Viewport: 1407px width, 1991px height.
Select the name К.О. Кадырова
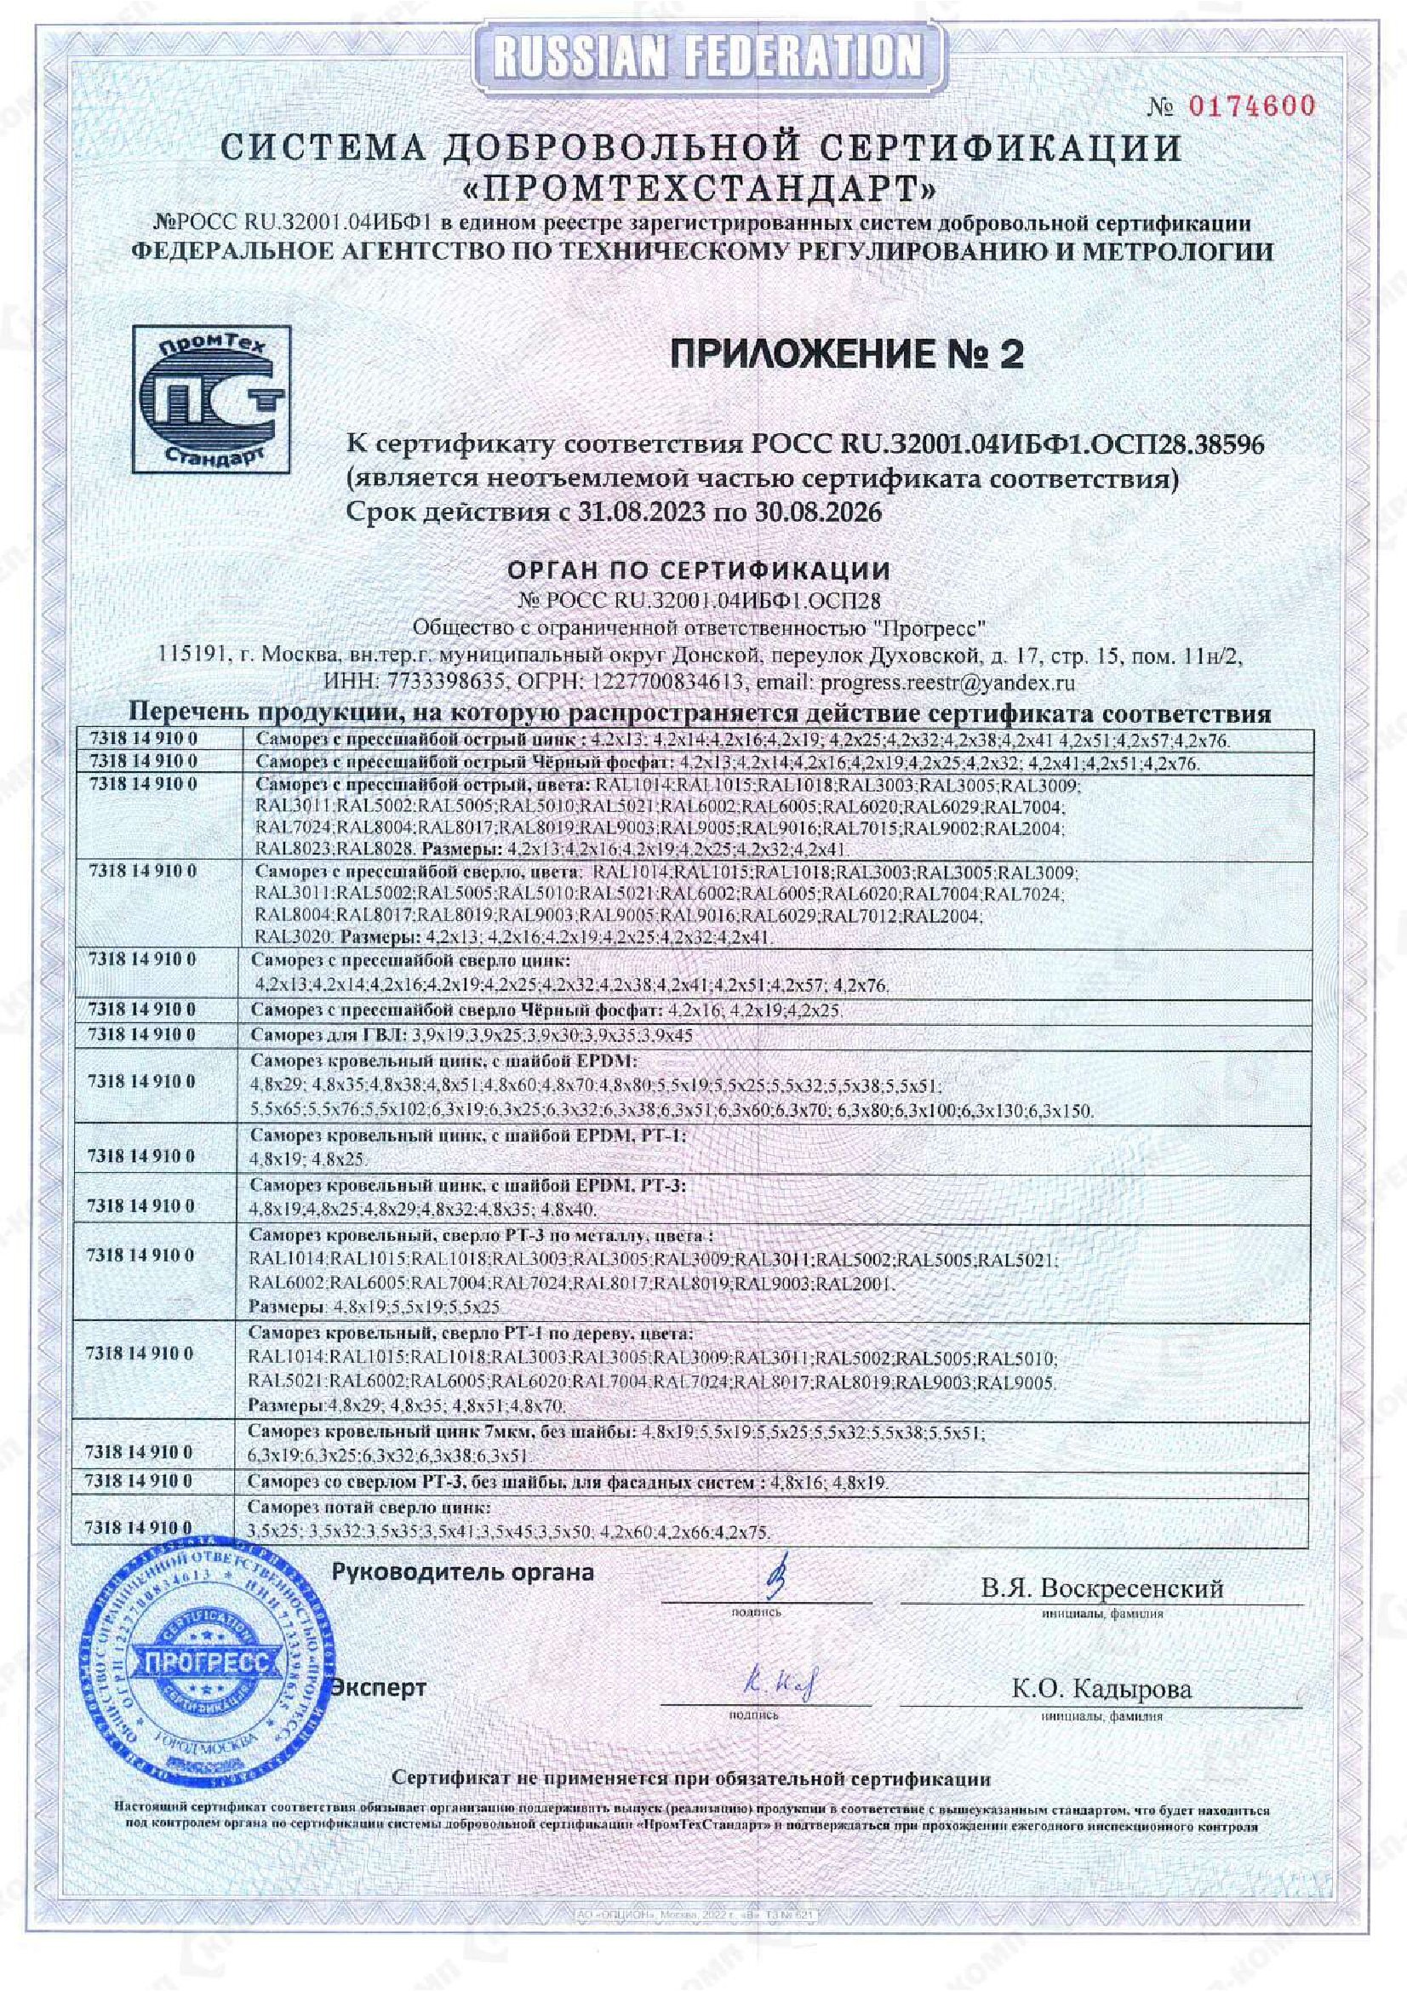click(1101, 1688)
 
